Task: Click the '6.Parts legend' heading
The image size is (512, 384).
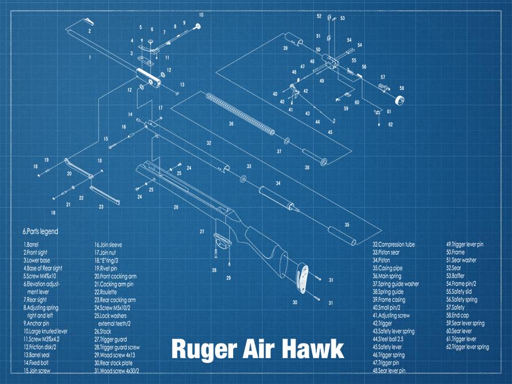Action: point(40,232)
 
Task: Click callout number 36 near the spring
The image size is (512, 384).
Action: point(231,123)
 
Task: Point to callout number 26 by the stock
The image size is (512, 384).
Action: point(176,207)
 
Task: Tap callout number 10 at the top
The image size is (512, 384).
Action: point(201,14)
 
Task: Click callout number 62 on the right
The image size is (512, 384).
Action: point(390,124)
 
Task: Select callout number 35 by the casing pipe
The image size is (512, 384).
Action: point(347,224)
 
